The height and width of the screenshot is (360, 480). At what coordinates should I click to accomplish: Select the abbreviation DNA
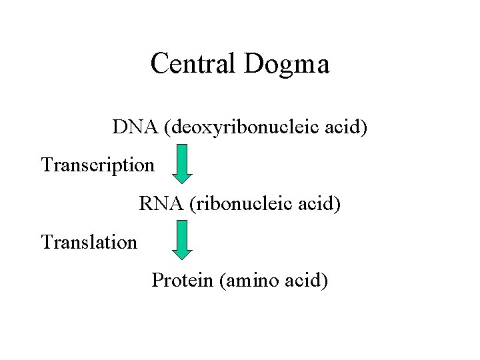(132, 126)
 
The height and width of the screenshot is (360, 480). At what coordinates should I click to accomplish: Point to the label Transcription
(97, 164)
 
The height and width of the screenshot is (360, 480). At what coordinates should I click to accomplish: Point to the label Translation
(89, 241)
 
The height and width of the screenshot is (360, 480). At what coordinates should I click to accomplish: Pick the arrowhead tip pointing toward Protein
(181, 258)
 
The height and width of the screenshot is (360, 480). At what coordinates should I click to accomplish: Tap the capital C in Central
(160, 64)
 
